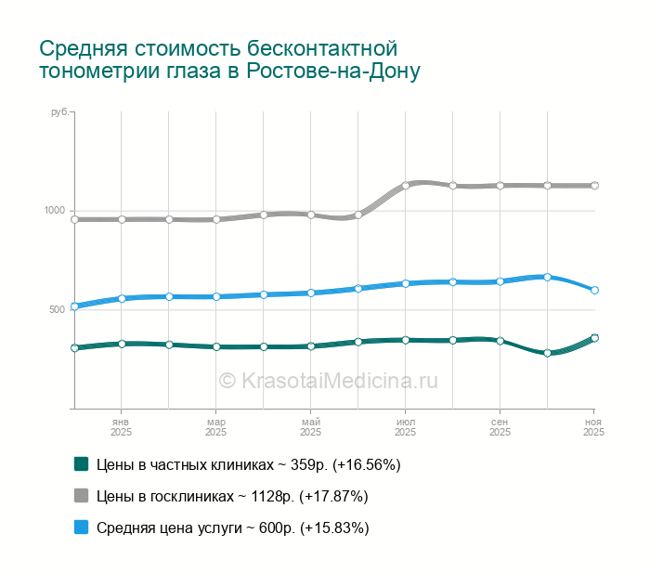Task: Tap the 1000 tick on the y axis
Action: coord(55,211)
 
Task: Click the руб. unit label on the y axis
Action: coord(59,112)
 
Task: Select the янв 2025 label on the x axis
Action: coord(121,427)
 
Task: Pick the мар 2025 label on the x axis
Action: coord(215,427)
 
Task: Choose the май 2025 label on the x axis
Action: coord(310,427)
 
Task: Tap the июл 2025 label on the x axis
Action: coord(405,427)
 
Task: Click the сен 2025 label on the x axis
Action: coord(500,427)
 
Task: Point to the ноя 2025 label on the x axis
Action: coord(592,427)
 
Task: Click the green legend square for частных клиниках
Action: coord(81,464)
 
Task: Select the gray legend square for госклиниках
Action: coord(81,496)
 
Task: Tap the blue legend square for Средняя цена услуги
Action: coord(81,527)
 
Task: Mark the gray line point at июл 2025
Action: coord(406,186)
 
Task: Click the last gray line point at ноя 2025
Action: coord(594,186)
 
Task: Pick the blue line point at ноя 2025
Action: coord(594,290)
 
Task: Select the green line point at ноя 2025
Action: coord(594,338)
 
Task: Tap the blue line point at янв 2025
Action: coord(122,299)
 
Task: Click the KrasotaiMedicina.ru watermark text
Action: coord(328,380)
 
